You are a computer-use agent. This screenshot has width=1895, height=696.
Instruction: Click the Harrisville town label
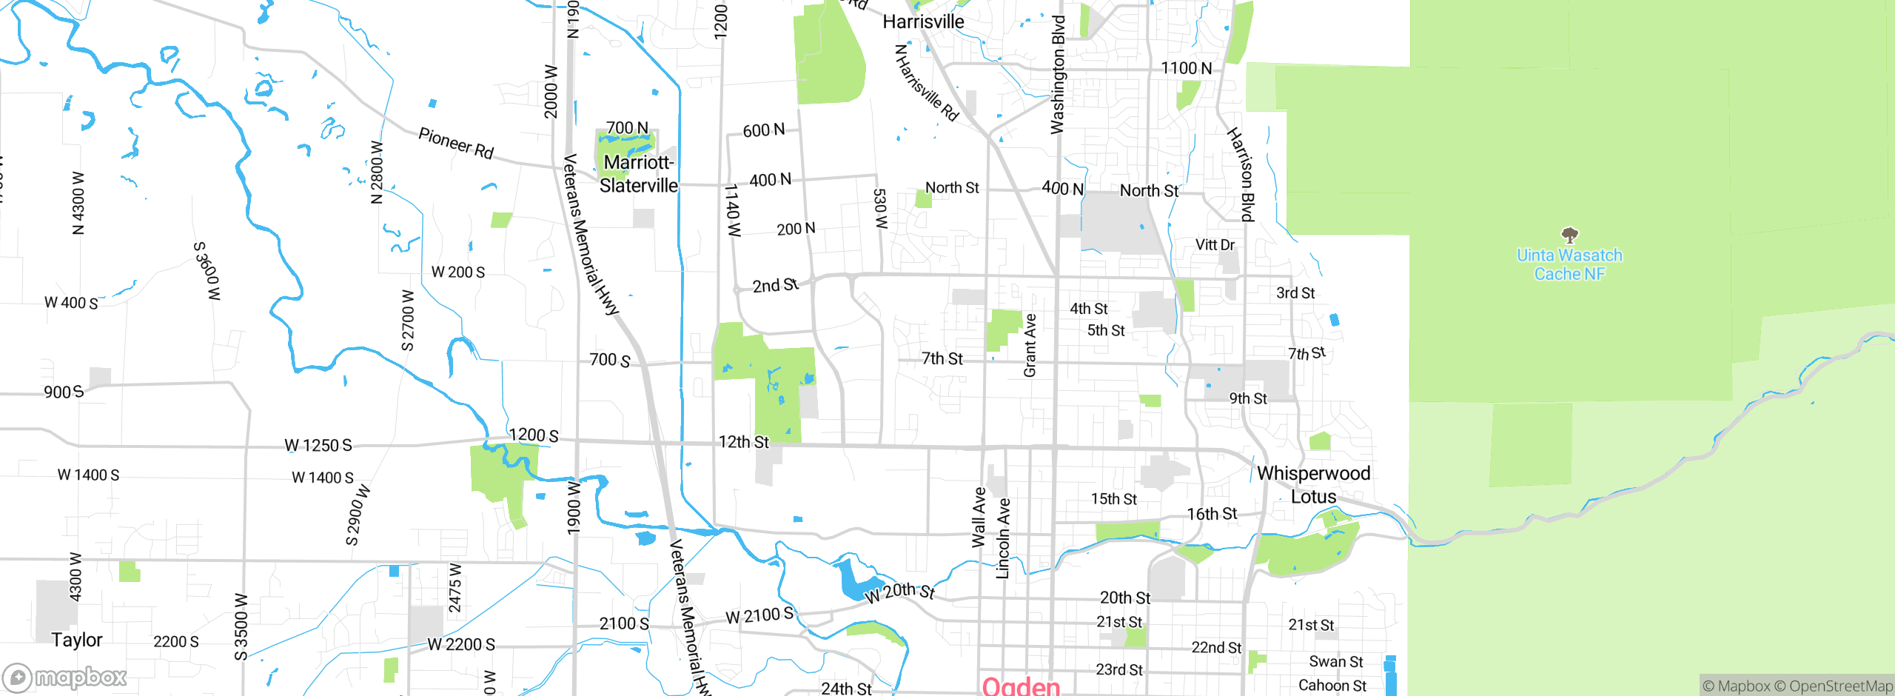pyautogui.click(x=923, y=22)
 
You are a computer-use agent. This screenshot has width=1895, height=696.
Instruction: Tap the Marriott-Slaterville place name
pyautogui.click(x=638, y=174)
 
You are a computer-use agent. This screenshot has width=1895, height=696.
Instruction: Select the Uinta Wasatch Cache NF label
pyautogui.click(x=1569, y=265)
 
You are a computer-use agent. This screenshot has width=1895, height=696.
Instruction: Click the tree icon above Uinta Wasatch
pyautogui.click(x=1569, y=236)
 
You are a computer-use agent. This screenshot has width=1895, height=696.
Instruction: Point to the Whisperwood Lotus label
pyautogui.click(x=1314, y=485)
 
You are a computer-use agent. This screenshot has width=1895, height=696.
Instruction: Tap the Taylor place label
pyautogui.click(x=77, y=640)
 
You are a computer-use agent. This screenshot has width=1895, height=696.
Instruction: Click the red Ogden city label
pyautogui.click(x=1021, y=686)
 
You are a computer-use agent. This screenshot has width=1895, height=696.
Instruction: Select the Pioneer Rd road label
pyautogui.click(x=456, y=143)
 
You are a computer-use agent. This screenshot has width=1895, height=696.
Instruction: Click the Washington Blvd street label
pyautogui.click(x=1058, y=74)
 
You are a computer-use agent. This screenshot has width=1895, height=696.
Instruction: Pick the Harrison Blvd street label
pyautogui.click(x=1241, y=175)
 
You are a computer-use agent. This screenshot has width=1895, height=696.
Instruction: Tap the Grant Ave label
pyautogui.click(x=1030, y=345)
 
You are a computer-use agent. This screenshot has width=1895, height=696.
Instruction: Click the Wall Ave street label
pyautogui.click(x=979, y=518)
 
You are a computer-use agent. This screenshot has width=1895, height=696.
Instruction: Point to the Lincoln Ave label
pyautogui.click(x=1003, y=538)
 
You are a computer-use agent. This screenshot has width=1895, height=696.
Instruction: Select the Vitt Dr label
pyautogui.click(x=1215, y=245)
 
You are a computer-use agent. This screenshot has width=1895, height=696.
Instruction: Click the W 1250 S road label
pyautogui.click(x=318, y=446)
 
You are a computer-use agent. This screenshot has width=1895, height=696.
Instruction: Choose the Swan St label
pyautogui.click(x=1336, y=662)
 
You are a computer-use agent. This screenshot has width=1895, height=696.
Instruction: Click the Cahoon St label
pyautogui.click(x=1332, y=686)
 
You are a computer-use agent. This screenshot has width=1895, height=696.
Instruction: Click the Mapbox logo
pyautogui.click(x=65, y=677)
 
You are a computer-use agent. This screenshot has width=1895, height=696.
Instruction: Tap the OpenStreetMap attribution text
pyautogui.click(x=1840, y=686)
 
